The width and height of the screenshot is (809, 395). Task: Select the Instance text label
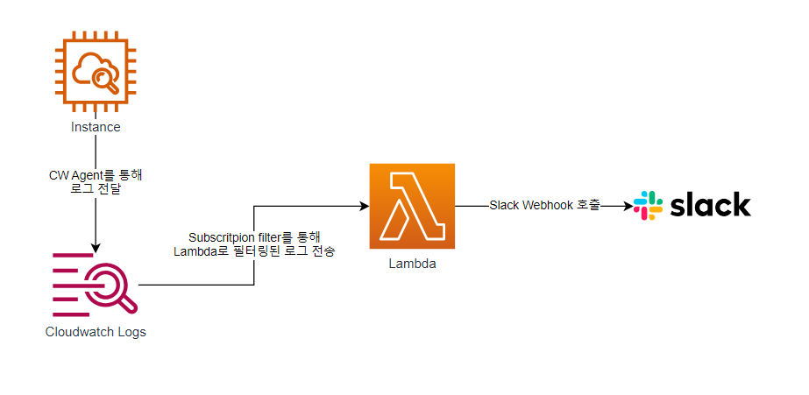tap(96, 127)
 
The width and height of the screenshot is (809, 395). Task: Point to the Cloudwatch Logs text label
tap(96, 332)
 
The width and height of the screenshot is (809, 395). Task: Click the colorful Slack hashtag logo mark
tap(648, 205)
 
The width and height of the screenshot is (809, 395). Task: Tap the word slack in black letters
tap(711, 204)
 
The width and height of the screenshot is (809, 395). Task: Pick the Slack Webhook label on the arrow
tap(544, 206)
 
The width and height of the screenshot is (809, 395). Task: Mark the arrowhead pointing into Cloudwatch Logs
tap(96, 246)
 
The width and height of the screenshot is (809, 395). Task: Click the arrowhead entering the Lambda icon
tap(364, 207)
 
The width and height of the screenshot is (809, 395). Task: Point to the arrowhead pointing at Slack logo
tap(627, 207)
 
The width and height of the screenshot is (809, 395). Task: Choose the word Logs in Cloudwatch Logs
tap(131, 332)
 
